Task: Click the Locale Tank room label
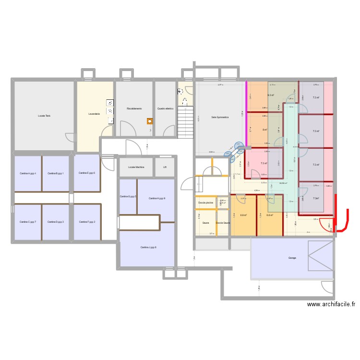click(44, 116)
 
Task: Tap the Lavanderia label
click(94, 114)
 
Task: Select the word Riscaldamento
click(134, 108)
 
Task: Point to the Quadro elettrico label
click(165, 108)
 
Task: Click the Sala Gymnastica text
click(220, 117)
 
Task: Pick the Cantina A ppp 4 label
click(28, 173)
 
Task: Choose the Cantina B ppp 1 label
click(56, 173)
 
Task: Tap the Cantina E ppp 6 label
click(87, 173)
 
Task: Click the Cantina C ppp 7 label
click(28, 222)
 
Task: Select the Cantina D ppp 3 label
click(56, 222)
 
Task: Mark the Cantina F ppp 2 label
click(87, 222)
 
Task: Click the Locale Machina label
click(136, 167)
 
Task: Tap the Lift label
click(165, 167)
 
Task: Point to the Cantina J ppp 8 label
click(148, 247)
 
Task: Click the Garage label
click(292, 258)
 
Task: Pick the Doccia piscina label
click(205, 203)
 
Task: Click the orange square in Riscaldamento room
click(150, 121)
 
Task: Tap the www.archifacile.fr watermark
click(332, 304)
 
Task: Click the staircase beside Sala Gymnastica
click(185, 121)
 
